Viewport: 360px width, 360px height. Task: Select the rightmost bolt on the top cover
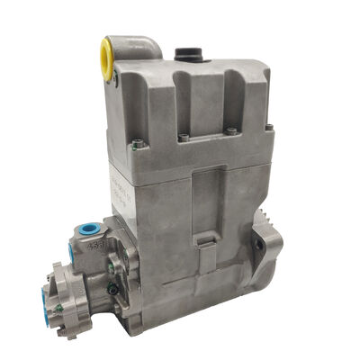pyautogui.click(x=269, y=128)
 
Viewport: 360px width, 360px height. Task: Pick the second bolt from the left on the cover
pyautogui.click(x=184, y=139)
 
